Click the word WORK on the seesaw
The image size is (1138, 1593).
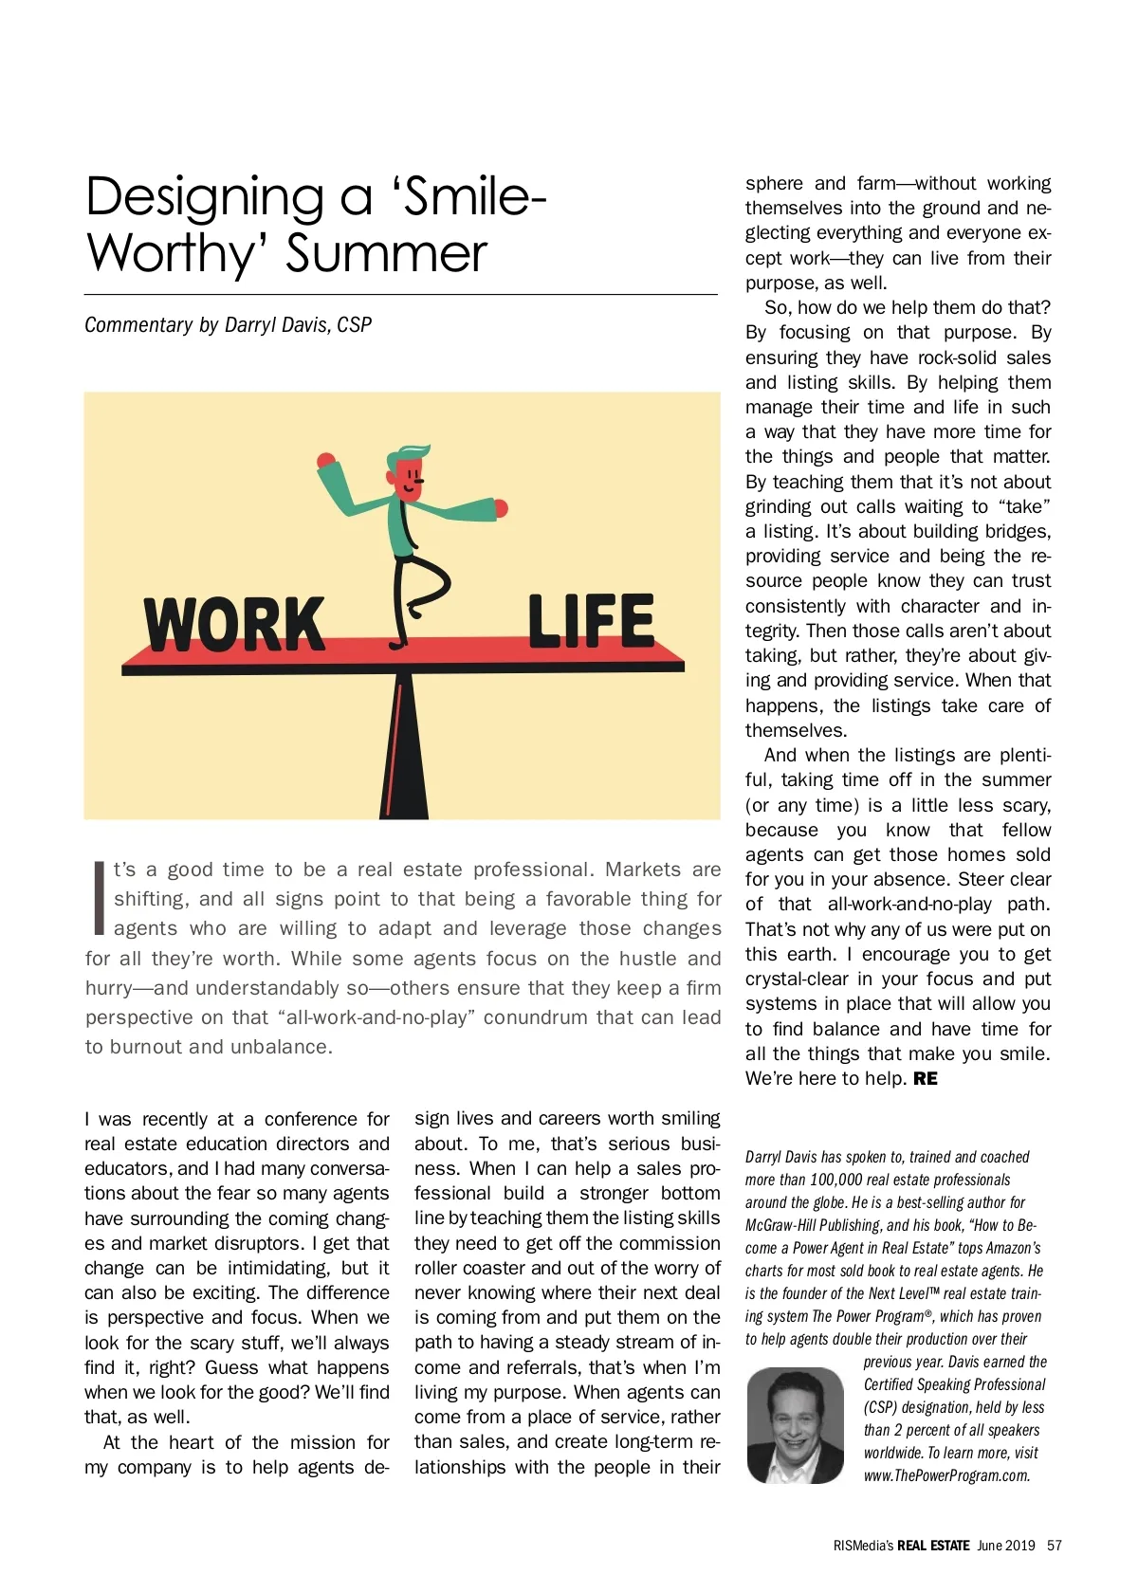tap(233, 624)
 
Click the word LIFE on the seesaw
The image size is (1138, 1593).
tap(590, 621)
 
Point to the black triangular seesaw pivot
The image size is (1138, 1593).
tap(405, 749)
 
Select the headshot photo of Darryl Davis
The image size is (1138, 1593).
tap(795, 1425)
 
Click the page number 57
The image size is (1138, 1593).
tap(1054, 1546)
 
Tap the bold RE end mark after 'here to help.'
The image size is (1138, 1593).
tap(926, 1079)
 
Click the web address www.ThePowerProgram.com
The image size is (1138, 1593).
tap(945, 1475)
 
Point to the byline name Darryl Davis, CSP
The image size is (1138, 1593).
tap(298, 325)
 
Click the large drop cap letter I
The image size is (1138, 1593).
tap(99, 897)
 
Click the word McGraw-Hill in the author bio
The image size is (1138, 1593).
tap(780, 1226)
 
